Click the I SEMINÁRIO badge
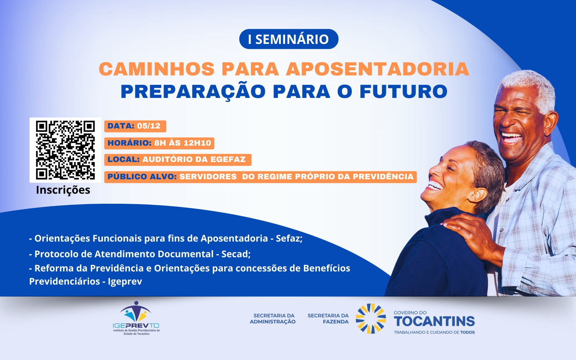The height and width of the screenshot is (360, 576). pyautogui.click(x=288, y=39)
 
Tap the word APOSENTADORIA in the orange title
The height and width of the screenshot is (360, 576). pyautogui.click(x=378, y=69)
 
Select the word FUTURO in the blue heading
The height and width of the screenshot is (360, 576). pyautogui.click(x=404, y=91)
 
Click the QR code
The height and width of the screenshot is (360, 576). pyautogui.click(x=65, y=150)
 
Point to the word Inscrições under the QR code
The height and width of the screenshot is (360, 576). pyautogui.click(x=63, y=190)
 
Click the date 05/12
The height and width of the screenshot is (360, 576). pyautogui.click(x=149, y=126)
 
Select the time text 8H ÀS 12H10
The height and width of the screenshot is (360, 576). pyautogui.click(x=183, y=143)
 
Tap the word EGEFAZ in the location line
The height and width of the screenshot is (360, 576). pyautogui.click(x=228, y=159)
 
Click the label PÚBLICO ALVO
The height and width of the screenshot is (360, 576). pyautogui.click(x=142, y=176)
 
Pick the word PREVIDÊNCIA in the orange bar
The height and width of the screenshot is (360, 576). pyautogui.click(x=383, y=176)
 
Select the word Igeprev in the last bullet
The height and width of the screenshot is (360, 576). pyautogui.click(x=125, y=282)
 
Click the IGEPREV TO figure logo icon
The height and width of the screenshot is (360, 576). pyautogui.click(x=135, y=311)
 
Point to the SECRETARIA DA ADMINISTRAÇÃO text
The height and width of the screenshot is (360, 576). pyautogui.click(x=273, y=319)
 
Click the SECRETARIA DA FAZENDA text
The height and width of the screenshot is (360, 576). pyautogui.click(x=328, y=319)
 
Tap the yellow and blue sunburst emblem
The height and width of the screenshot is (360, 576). pyautogui.click(x=370, y=319)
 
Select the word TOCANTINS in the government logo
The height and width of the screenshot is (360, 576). pyautogui.click(x=434, y=321)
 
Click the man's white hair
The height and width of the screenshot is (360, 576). pyautogui.click(x=530, y=87)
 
